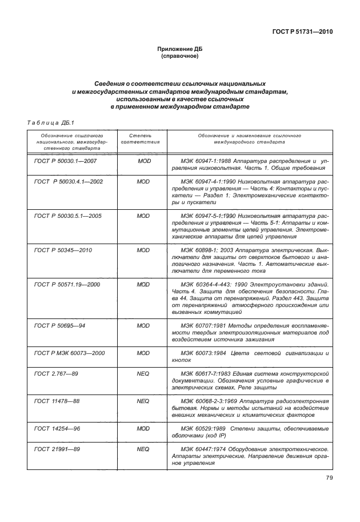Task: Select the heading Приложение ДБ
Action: pyautogui.click(x=180, y=50)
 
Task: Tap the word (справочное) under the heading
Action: pyautogui.click(x=180, y=57)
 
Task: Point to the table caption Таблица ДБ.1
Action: pyautogui.click(x=48, y=122)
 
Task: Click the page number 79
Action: pyautogui.click(x=329, y=478)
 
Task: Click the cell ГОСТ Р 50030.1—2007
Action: pyautogui.click(x=65, y=161)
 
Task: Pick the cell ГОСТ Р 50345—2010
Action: pyautogui.click(x=63, y=250)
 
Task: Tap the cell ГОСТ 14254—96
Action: pyautogui.click(x=55, y=428)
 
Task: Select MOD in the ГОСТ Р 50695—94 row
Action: pyautogui.click(x=144, y=325)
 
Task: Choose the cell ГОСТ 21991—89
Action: pyautogui.click(x=55, y=449)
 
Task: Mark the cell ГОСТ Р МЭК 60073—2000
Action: pyautogui.click(x=70, y=353)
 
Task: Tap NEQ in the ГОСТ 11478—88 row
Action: pyautogui.click(x=144, y=401)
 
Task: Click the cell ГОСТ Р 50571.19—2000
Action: pyautogui.click(x=67, y=284)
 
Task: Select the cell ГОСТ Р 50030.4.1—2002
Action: pyautogui.click(x=69, y=181)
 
